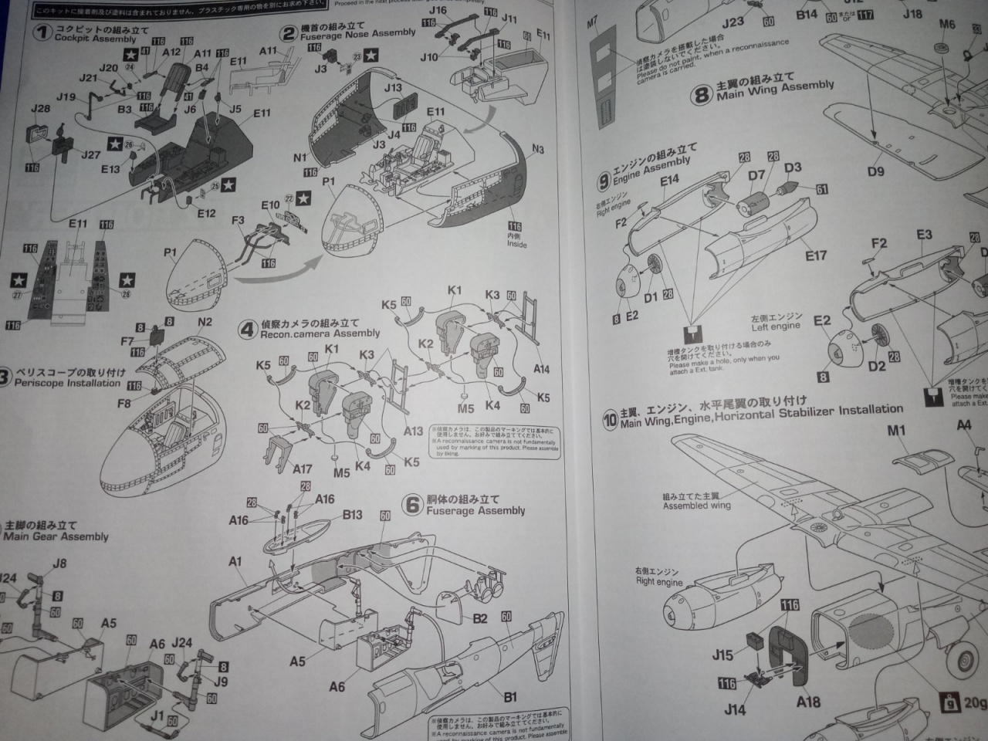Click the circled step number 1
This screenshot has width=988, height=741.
[x=42, y=32]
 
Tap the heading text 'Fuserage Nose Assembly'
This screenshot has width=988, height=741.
[x=357, y=34]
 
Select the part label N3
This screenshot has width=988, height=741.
[x=538, y=149]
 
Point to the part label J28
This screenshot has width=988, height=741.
[x=40, y=108]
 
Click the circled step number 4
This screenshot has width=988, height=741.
[x=247, y=330]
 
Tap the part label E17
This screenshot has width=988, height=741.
[x=816, y=255]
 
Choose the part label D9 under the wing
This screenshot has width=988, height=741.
[x=875, y=171]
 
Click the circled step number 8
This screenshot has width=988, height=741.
[x=701, y=95]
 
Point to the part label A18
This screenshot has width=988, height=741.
[x=808, y=701]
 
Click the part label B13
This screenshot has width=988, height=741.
[x=352, y=515]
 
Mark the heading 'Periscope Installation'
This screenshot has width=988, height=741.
[x=68, y=383]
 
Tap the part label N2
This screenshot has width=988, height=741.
[x=205, y=322]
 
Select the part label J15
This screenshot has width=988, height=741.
[x=722, y=655]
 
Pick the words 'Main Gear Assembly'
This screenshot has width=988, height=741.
[x=56, y=536]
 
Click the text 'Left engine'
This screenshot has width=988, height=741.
[x=777, y=327]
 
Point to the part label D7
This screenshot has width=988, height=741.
[x=756, y=176]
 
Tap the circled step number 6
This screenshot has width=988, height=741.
[x=413, y=505]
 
